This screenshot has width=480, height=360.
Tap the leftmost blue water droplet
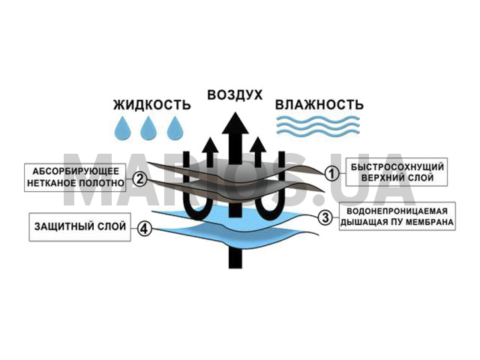click(122, 129)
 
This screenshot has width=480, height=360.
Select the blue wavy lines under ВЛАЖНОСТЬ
click(319, 125)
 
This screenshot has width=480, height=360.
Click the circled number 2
click(140, 179)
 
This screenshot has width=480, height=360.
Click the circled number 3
click(324, 217)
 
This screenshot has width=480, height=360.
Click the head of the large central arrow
click(235, 124)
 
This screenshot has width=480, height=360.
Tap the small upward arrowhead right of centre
click(260, 144)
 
